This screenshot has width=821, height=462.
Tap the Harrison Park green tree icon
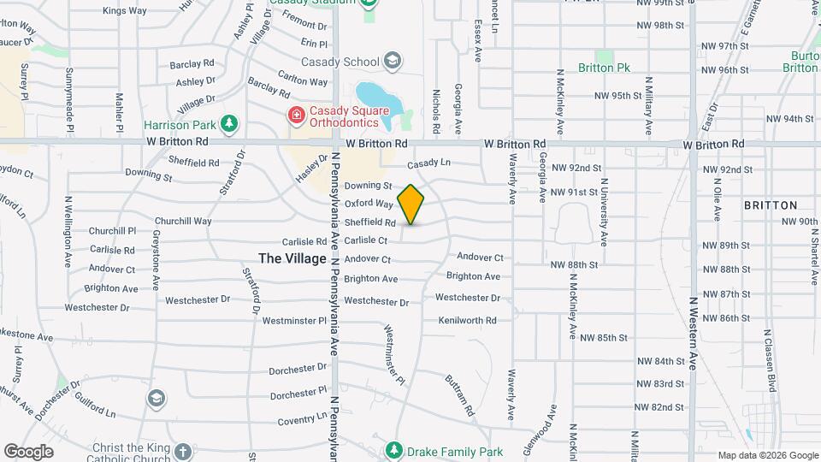tap(228, 125)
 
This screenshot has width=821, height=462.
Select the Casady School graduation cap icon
tap(392, 61)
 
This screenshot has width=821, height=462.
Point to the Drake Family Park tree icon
tap(393, 450)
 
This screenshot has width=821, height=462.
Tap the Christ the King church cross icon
tap(182, 451)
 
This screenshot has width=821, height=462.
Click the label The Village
tap(292, 258)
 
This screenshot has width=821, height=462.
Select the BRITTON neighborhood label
tap(771, 205)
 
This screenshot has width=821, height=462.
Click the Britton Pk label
tap(604, 68)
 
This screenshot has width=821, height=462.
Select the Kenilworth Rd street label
tap(467, 321)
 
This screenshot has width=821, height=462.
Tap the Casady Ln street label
tap(428, 163)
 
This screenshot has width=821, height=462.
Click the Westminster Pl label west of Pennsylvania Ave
tap(294, 322)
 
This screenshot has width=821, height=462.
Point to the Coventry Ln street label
tap(303, 420)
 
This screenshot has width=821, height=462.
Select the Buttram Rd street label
tap(459, 393)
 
